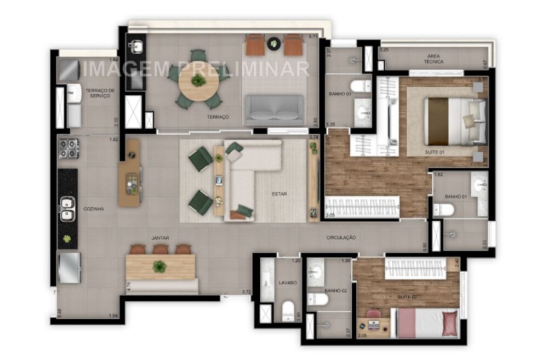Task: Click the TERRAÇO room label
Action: tap(218, 117)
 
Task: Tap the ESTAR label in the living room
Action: tap(279, 194)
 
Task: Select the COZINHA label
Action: tap(94, 209)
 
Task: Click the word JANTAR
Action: tap(160, 238)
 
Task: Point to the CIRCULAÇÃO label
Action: tap(341, 238)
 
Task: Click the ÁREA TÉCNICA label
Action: tap(433, 59)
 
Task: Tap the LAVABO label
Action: tap(287, 283)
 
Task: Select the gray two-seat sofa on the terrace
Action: tap(274, 107)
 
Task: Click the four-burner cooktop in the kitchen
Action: tap(68, 148)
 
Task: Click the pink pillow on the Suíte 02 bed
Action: tap(449, 323)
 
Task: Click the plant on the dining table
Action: tap(159, 267)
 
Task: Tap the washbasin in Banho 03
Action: tap(362, 113)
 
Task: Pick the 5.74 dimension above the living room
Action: tap(313, 137)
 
